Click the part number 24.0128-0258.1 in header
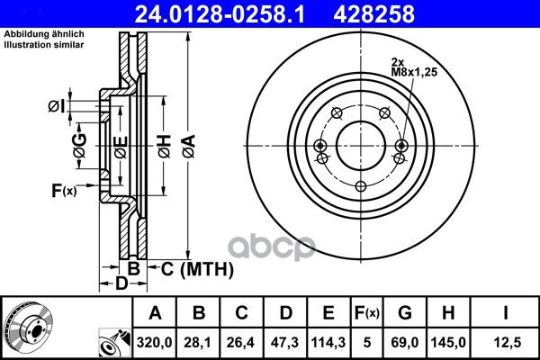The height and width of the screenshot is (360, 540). click(220, 14)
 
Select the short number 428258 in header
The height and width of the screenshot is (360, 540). click(374, 14)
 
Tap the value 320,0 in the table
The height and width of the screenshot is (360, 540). click(154, 342)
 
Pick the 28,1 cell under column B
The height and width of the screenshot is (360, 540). click(198, 342)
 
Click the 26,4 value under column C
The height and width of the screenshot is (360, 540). click(240, 342)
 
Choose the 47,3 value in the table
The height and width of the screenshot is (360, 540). click(284, 342)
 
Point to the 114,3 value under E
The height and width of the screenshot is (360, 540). click(328, 342)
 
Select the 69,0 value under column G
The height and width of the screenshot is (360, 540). click(405, 342)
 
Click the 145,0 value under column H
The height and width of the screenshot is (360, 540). click(448, 342)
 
